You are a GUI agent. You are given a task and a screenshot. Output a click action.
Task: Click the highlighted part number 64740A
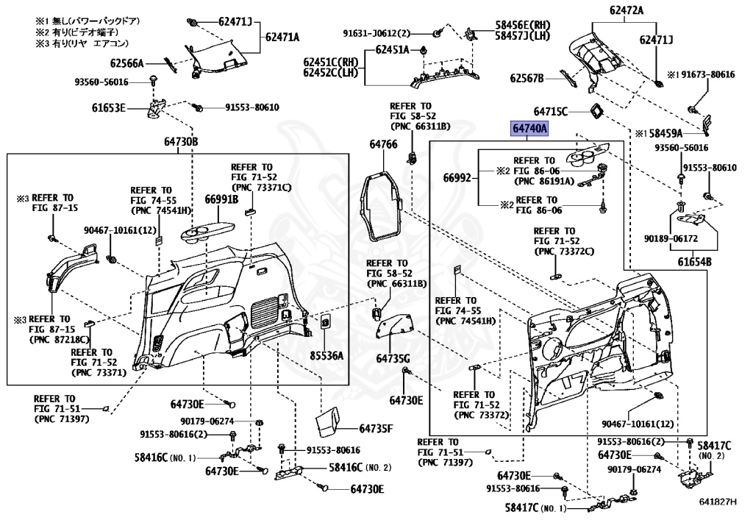click(530, 129)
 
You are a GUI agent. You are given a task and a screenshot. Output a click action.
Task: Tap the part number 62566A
click(127, 63)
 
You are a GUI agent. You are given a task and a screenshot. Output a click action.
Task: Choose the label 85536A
click(326, 356)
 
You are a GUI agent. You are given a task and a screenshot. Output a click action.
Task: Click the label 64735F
click(376, 428)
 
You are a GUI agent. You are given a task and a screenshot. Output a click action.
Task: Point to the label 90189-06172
click(670, 239)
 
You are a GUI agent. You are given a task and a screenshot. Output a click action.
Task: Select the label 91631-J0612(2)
click(386, 33)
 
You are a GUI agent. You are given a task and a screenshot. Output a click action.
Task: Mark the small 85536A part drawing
click(324, 321)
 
